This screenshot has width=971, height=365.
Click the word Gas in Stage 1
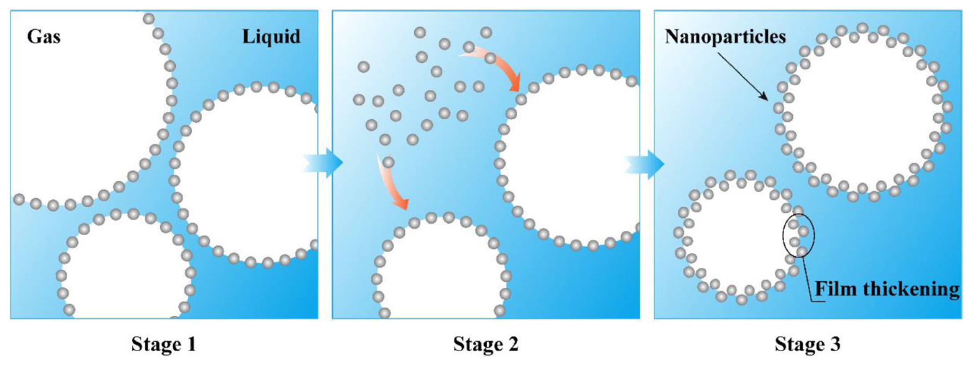[44, 37]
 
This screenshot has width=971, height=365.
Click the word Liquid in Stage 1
[271, 37]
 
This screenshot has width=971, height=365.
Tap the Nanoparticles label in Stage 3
[725, 37]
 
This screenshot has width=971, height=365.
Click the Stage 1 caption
[164, 344]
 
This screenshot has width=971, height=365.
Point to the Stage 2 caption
[486, 344]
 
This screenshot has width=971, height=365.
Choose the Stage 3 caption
[807, 344]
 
